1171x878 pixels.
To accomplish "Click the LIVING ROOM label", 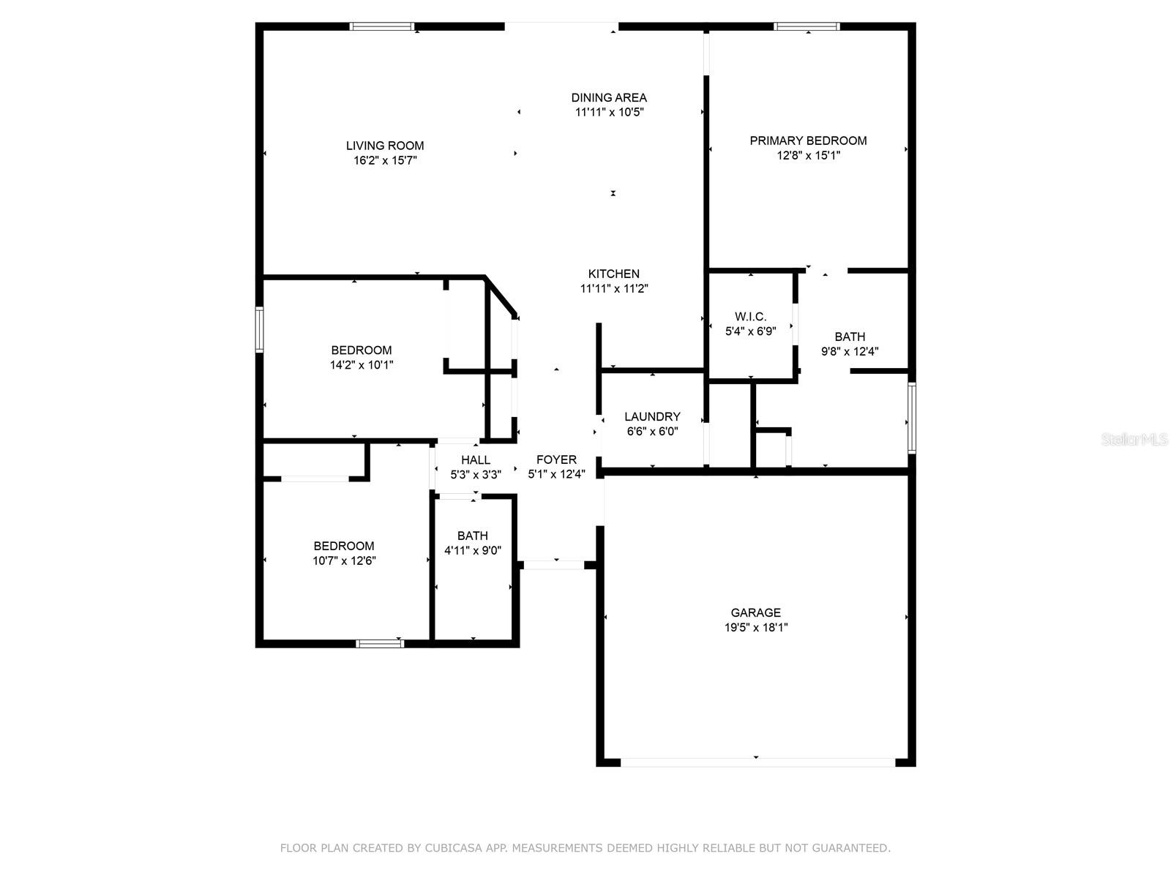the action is [x=385, y=146].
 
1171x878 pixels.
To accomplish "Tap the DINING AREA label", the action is [x=609, y=97].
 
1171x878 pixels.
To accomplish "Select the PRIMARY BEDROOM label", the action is [x=808, y=140].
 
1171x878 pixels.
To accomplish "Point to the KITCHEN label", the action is [x=613, y=274].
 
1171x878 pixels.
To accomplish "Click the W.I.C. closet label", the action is [x=751, y=317].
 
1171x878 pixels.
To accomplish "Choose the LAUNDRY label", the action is [x=652, y=416].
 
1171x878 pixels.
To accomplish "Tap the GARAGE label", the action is [x=756, y=612].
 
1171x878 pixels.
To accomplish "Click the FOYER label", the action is [x=556, y=459].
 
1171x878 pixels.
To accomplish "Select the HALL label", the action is [x=475, y=459].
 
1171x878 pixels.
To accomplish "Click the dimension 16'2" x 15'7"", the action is [x=385, y=160].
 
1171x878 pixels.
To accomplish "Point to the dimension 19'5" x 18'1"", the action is [x=756, y=628].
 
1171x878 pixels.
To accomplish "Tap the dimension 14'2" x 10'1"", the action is [x=361, y=365].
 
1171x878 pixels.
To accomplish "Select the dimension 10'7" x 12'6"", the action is [x=344, y=560].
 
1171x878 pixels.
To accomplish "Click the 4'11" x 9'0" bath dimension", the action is [x=473, y=551].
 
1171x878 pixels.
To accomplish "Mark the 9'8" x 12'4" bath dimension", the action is [x=850, y=351].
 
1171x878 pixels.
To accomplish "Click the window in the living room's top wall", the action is [x=382, y=26].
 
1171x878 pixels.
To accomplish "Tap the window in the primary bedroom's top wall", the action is [x=807, y=26].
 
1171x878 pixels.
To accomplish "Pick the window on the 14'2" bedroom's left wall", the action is [x=259, y=329].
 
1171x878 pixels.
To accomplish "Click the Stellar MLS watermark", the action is [x=1134, y=440].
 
